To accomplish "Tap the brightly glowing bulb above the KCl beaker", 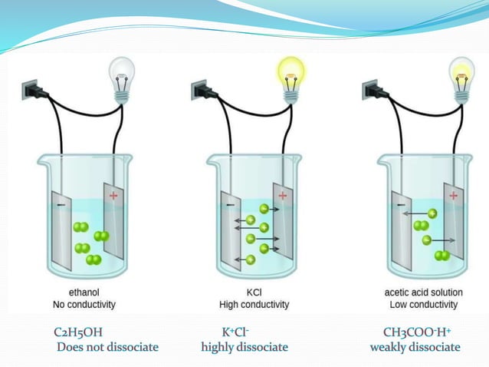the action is point(291,75).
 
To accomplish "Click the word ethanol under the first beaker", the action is point(79,292).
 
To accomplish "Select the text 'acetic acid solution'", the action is point(421,292).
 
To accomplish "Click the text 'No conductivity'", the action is point(79,305).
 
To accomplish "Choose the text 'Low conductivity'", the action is point(421,305).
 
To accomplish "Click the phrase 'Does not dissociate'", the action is point(107,348).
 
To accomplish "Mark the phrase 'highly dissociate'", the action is point(244,348).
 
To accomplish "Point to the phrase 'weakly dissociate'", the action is point(415,348).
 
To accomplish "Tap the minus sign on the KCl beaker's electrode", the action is point(228,204).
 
